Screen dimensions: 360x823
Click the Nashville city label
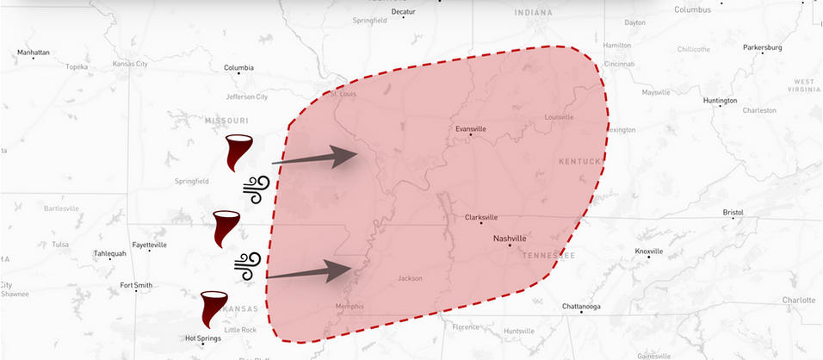509,238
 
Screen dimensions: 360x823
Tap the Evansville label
471,129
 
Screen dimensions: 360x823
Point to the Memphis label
349,307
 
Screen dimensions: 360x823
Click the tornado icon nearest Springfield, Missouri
238,152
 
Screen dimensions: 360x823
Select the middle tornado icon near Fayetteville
226,228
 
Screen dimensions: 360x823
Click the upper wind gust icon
257,189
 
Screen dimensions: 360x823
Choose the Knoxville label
649,251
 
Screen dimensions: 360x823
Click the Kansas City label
131,65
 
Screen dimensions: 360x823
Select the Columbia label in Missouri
238,68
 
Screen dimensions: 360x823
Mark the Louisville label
559,116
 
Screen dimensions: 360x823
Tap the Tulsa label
59,244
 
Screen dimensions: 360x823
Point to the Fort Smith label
136,285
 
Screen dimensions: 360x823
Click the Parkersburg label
763,47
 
